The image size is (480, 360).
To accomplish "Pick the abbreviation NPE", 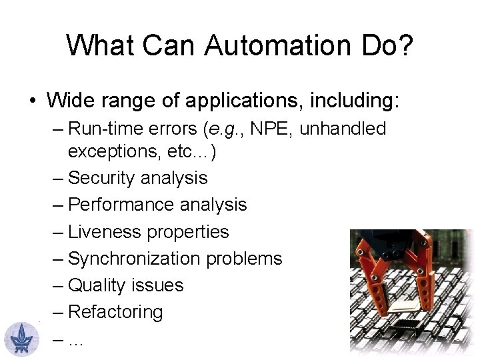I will pyautogui.click(x=279, y=127).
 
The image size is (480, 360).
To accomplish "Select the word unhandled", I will pyautogui.click(x=347, y=127).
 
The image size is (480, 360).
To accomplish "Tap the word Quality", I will pyautogui.click(x=97, y=285).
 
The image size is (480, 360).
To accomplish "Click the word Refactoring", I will pyautogui.click(x=115, y=311).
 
